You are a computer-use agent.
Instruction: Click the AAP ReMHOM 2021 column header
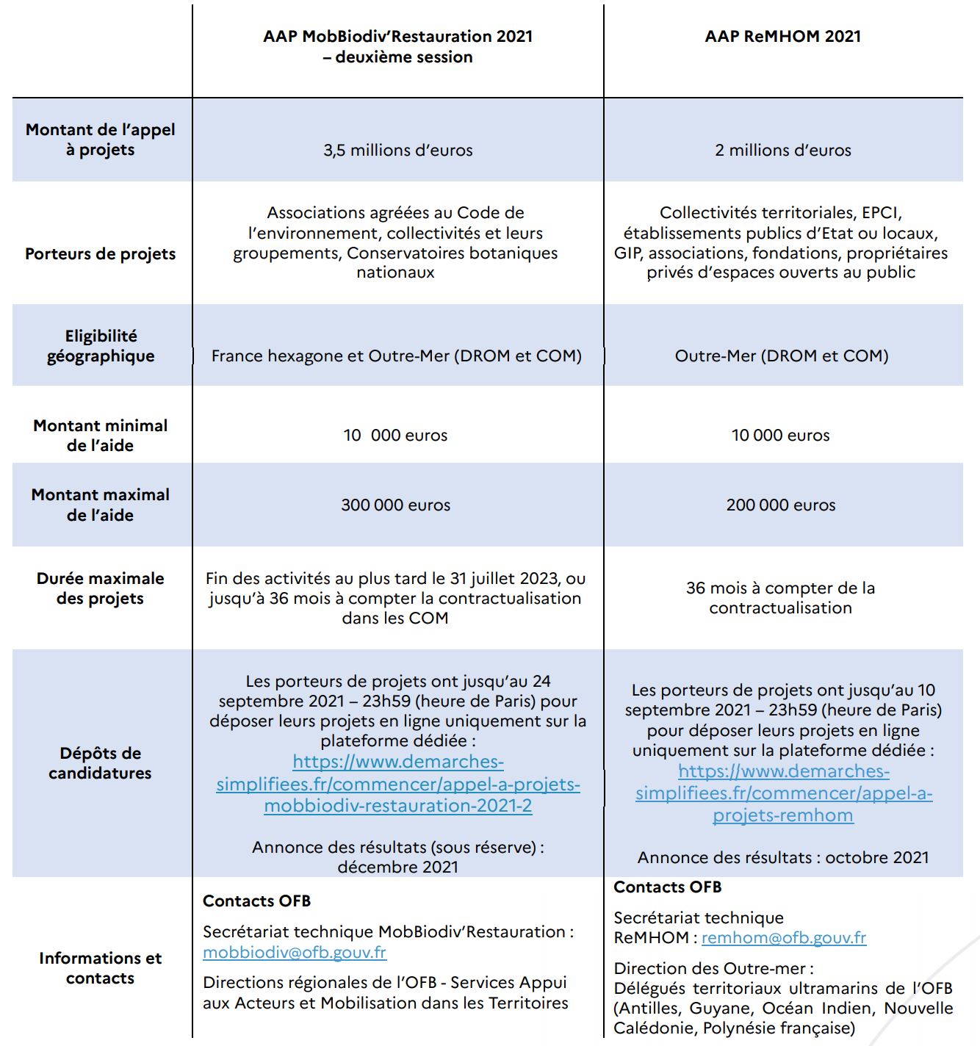(x=782, y=37)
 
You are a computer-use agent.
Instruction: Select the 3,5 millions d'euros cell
(x=397, y=151)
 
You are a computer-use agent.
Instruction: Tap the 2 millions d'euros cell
(x=782, y=151)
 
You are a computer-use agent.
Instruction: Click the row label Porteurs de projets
(x=101, y=254)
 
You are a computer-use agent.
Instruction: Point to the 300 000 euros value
(x=395, y=505)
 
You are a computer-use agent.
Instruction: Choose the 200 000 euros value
(x=781, y=505)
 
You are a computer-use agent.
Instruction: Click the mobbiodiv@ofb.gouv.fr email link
(x=294, y=953)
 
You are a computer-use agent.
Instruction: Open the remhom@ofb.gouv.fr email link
(x=784, y=938)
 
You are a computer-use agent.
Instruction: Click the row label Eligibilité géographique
(x=101, y=346)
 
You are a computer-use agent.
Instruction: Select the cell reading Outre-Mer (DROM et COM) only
(x=782, y=356)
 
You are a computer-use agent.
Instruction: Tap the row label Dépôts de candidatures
(x=101, y=763)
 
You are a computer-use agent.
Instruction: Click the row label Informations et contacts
(x=101, y=968)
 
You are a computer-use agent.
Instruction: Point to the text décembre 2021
(x=397, y=868)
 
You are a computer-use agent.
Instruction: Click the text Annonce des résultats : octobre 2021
(x=783, y=858)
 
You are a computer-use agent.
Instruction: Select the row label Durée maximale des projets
(x=101, y=588)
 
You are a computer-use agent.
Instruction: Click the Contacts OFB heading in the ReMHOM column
(x=668, y=887)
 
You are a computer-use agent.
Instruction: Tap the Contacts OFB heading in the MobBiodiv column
(x=256, y=901)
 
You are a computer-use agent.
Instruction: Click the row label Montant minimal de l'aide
(x=101, y=436)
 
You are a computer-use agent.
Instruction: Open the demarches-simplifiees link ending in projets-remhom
(x=783, y=793)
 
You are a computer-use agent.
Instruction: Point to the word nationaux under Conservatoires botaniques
(x=395, y=273)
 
